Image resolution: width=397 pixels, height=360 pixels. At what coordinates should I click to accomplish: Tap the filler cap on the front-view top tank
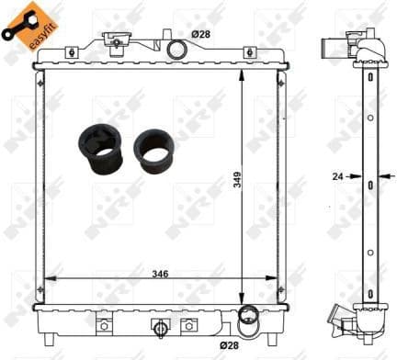click(115, 39)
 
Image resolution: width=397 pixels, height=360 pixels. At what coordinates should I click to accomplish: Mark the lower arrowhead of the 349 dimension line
click(242, 298)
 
